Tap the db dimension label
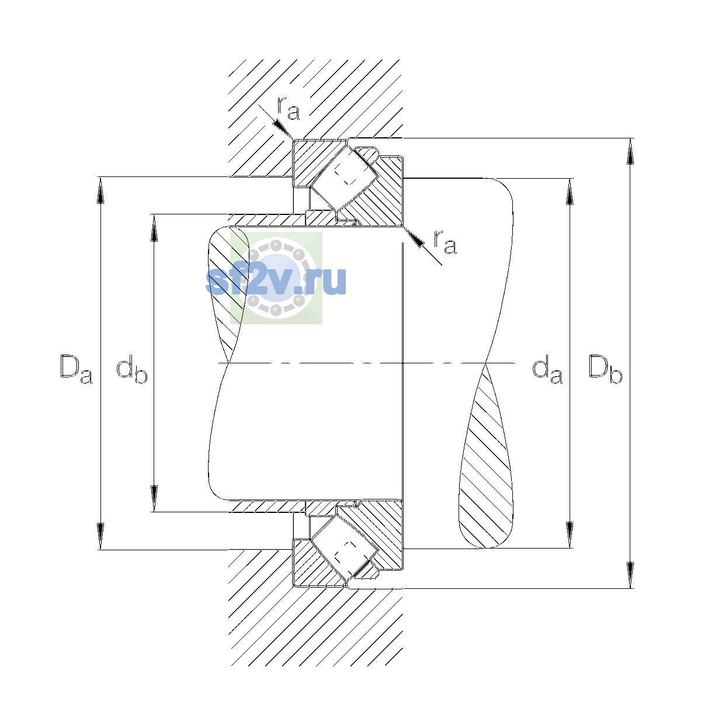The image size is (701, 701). click(131, 369)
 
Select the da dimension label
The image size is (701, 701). click(547, 369)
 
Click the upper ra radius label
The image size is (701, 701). click(289, 109)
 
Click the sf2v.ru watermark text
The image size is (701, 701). click(276, 281)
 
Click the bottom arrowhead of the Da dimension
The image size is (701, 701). click(100, 536)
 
